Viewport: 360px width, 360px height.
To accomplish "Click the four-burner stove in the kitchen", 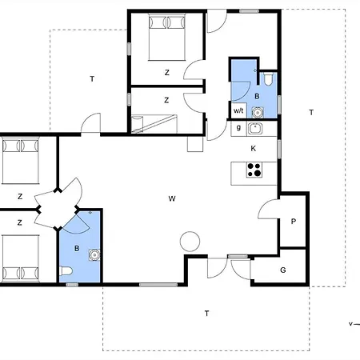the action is (254, 170).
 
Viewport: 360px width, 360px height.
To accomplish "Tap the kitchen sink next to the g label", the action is (255, 129).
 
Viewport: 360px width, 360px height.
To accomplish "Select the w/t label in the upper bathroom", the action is (238, 110).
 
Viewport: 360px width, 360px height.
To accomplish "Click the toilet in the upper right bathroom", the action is (268, 79).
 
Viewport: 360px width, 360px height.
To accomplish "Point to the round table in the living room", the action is (190, 242).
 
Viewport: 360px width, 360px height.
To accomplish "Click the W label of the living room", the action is (172, 198).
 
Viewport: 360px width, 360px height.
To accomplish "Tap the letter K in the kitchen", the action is (254, 149).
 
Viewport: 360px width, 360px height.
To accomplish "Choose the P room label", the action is (294, 222).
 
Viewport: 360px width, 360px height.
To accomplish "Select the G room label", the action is (283, 270).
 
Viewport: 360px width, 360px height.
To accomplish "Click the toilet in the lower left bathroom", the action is (66, 271).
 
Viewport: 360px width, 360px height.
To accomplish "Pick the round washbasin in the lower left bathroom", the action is (94, 255).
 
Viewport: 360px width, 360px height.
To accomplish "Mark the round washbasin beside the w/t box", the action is (258, 113).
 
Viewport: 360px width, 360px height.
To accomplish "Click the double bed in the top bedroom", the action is (167, 37).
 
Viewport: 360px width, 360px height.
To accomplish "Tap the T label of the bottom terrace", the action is (206, 314).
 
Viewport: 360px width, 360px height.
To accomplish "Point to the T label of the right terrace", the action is (311, 113).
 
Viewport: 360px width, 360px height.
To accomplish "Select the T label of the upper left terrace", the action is (92, 79).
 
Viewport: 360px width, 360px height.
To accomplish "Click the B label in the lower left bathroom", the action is (77, 249).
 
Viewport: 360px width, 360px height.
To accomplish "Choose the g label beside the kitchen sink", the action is (238, 128).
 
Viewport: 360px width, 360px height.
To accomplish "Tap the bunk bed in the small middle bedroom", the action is (154, 124).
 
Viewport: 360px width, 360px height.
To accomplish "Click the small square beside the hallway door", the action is (195, 144).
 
